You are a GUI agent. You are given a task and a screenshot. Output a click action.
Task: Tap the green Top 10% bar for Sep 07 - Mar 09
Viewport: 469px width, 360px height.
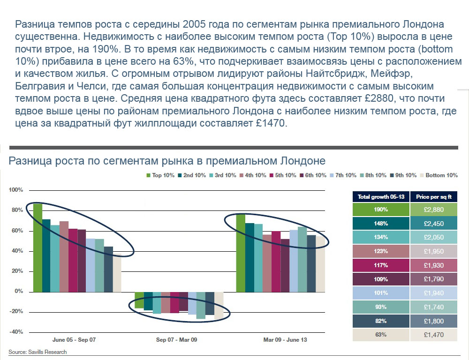[x=139, y=300]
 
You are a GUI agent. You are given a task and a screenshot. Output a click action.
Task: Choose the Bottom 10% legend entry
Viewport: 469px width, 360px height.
[x=441, y=175]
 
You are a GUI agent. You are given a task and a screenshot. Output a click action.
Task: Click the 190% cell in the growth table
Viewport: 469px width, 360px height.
[x=380, y=209]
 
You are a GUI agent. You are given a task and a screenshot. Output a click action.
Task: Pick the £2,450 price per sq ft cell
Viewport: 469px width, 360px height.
[x=434, y=223]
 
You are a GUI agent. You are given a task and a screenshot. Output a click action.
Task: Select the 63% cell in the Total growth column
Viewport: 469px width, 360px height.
[x=380, y=335]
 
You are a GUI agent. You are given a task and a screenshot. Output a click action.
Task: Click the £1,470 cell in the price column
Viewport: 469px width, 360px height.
[x=434, y=335]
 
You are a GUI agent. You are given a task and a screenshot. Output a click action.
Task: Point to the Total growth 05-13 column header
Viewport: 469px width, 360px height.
[x=380, y=196]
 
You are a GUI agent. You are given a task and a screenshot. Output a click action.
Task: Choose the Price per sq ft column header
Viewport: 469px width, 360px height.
[x=434, y=196]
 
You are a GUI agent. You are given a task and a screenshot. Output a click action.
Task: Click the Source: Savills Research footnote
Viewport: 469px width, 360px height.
[x=38, y=352]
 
